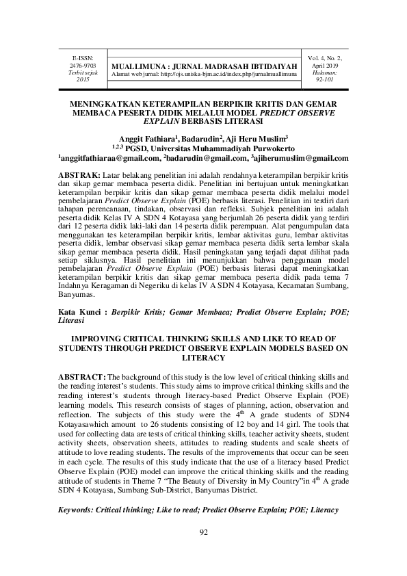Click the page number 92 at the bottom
(x=203, y=553)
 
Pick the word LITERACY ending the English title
(x=203, y=358)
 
